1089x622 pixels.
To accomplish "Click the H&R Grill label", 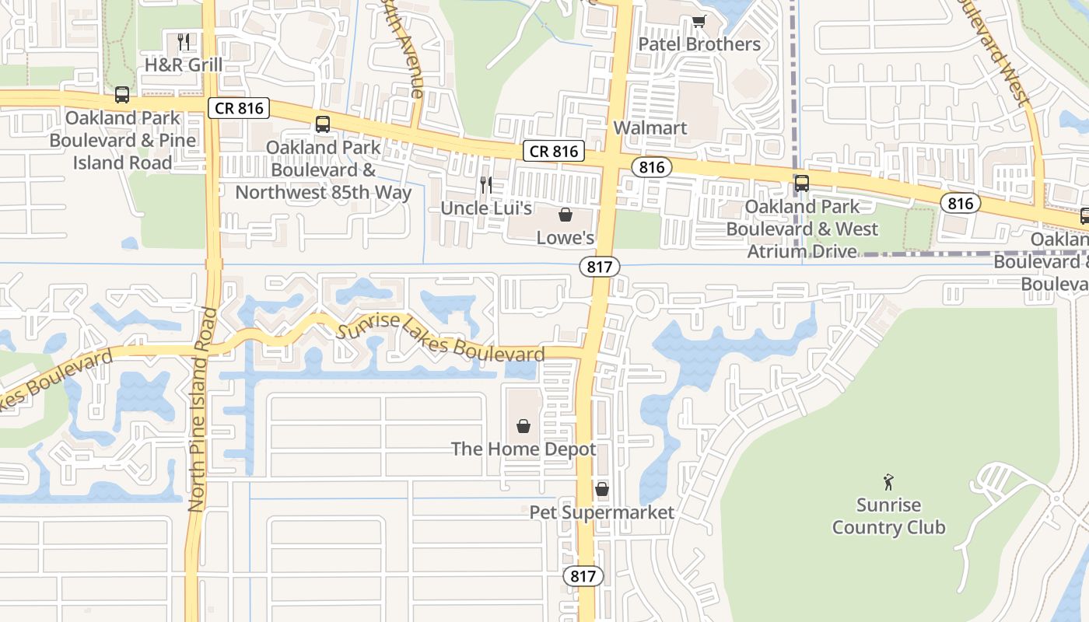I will tap(184, 65).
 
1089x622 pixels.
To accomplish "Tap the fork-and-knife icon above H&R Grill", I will tap(184, 41).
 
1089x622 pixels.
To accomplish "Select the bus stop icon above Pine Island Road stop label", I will tap(122, 95).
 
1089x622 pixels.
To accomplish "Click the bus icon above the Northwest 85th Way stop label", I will tap(323, 124).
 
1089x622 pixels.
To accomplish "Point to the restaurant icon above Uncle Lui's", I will tap(486, 185).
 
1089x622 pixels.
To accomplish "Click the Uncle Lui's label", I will tap(486, 208).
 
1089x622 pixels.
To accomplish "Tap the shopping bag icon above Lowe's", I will tap(566, 215).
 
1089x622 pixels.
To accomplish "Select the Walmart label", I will tap(650, 128).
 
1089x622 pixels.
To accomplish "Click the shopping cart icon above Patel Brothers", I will tap(699, 21).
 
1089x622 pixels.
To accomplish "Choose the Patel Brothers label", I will tap(699, 44).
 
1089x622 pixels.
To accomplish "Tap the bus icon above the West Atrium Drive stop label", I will tap(801, 183).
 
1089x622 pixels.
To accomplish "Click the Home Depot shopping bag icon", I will tap(523, 426).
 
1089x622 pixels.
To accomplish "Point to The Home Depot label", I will tap(523, 449).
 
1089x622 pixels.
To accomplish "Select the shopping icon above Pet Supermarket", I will tap(601, 489).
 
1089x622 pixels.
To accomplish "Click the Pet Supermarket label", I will tap(601, 512).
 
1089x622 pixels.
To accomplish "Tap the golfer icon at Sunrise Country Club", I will tap(888, 482).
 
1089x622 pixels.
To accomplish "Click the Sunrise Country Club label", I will tap(888, 516).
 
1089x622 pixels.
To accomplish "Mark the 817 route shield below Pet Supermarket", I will tap(583, 576).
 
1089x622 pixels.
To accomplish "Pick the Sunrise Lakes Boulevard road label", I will tap(440, 337).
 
